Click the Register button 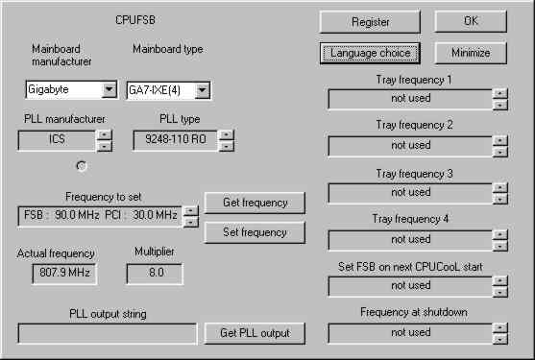click(370, 22)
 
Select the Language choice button click(370, 53)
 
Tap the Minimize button click(471, 53)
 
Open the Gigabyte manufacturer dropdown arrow click(109, 89)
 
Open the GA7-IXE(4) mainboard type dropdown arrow click(203, 90)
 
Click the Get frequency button click(255, 203)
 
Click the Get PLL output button click(255, 333)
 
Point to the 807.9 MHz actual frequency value click(64, 273)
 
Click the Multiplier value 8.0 click(155, 273)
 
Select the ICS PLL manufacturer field click(57, 140)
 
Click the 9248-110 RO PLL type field click(176, 140)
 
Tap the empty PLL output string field click(108, 333)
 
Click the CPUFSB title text click(135, 20)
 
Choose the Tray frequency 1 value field click(410, 99)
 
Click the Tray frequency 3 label click(414, 174)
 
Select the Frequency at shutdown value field click(410, 333)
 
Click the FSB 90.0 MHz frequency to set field click(100, 216)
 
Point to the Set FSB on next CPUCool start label click(410, 267)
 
